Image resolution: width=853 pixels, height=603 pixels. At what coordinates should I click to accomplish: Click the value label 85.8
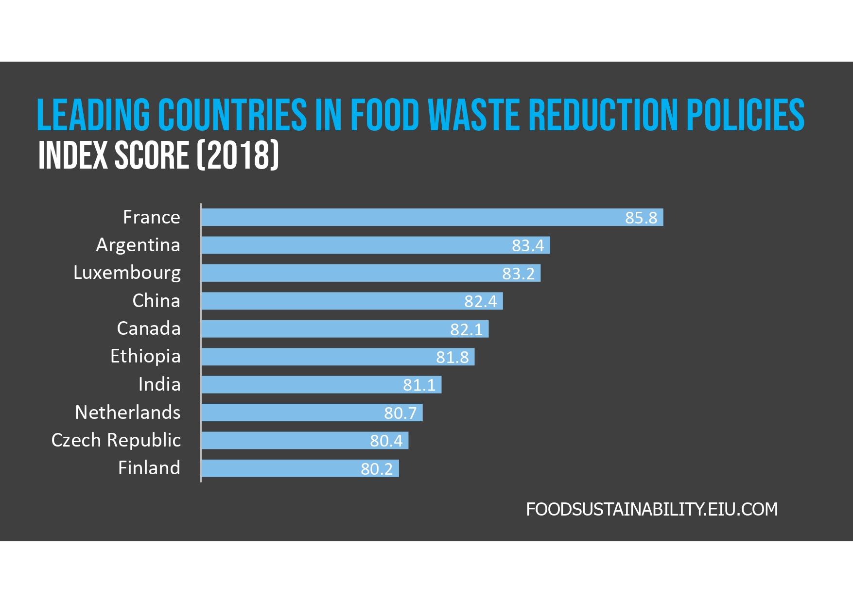[x=641, y=218]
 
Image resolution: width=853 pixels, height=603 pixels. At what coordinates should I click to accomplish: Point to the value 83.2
[x=518, y=274]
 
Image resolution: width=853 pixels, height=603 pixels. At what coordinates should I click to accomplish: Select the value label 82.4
[x=480, y=301]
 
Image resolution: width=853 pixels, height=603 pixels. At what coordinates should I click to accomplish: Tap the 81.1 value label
[x=419, y=385]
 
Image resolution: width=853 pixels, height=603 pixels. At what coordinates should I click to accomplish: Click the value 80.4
[x=386, y=441]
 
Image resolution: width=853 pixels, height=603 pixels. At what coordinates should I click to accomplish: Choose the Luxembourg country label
[x=127, y=273]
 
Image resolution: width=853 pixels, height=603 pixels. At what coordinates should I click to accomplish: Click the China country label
[x=156, y=301]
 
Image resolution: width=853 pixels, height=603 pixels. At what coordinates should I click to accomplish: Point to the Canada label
[x=148, y=328]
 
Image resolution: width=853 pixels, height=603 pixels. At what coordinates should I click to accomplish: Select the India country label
[x=159, y=384]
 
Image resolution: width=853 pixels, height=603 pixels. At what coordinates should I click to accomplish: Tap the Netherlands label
[x=127, y=413]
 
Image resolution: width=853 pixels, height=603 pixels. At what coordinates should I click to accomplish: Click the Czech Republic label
[x=116, y=440]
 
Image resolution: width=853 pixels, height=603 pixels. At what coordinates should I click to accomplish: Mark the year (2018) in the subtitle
[x=238, y=155]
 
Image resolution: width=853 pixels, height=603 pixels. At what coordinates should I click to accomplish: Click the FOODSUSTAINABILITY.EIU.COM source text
[x=652, y=509]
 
